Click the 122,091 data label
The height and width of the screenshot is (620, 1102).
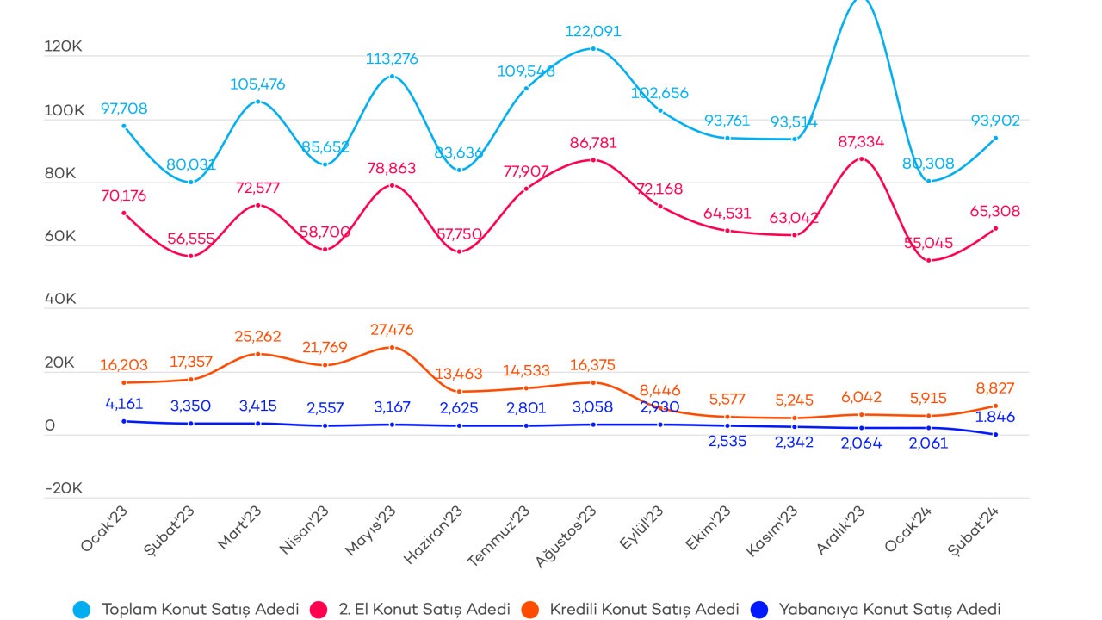click(592, 32)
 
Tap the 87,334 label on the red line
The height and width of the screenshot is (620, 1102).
click(860, 142)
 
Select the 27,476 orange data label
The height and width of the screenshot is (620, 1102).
click(392, 330)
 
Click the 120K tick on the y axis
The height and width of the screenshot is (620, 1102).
click(63, 48)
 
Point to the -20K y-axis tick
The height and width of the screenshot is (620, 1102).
click(63, 488)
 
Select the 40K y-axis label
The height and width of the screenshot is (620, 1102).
click(61, 300)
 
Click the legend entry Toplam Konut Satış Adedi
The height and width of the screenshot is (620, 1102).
click(200, 609)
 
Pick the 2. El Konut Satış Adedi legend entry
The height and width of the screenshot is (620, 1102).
click(424, 609)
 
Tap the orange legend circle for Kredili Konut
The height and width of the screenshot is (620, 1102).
click(530, 609)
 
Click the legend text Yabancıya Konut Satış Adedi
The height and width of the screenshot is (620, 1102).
click(889, 609)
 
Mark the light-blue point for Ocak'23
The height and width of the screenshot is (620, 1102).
click(124, 126)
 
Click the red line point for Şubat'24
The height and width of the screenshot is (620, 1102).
click(995, 228)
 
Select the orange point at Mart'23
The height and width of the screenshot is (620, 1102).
click(258, 354)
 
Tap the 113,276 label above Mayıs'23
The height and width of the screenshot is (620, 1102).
click(392, 59)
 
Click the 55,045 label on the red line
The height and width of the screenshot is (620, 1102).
click(928, 244)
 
